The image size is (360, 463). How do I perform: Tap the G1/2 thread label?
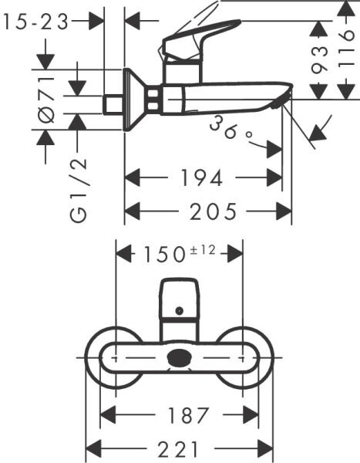point(78,190)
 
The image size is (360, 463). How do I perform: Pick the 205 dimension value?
point(208,210)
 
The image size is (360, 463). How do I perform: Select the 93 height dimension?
point(318,68)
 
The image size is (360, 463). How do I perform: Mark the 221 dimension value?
point(179,448)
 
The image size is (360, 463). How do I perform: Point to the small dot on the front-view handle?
point(179,312)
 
